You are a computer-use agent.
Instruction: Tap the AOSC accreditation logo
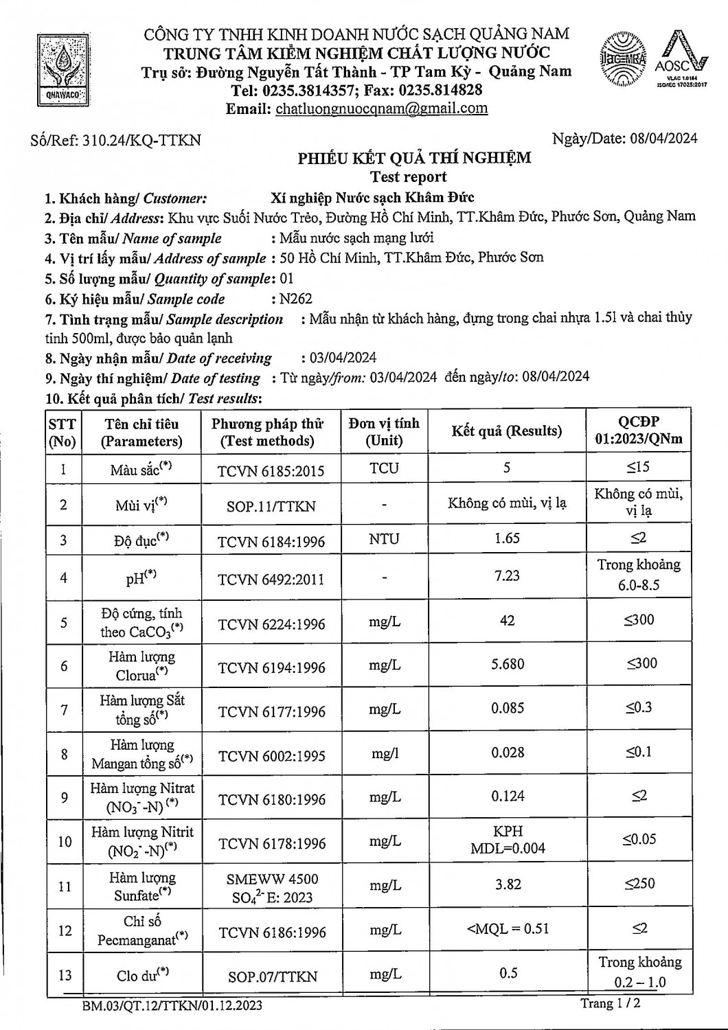coord(680,60)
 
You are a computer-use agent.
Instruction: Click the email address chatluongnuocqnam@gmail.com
coord(381,108)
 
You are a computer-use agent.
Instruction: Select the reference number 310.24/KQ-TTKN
coord(141,140)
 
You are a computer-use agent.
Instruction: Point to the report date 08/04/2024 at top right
coord(663,138)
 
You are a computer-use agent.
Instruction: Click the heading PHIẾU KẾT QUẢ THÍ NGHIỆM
coord(414,159)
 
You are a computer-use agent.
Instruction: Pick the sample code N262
coord(295,299)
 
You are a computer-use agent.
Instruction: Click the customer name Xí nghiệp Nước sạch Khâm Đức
coord(372,198)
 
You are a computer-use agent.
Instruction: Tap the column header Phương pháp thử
coord(267,432)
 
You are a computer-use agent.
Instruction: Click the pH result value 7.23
coord(507,575)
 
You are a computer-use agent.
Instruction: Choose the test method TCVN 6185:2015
coord(271,471)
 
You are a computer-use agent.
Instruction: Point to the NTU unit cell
coord(384,539)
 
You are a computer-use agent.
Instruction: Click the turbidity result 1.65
coord(507,538)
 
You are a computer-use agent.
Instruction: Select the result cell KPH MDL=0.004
coord(508,840)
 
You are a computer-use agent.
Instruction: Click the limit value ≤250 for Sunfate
coord(639,884)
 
